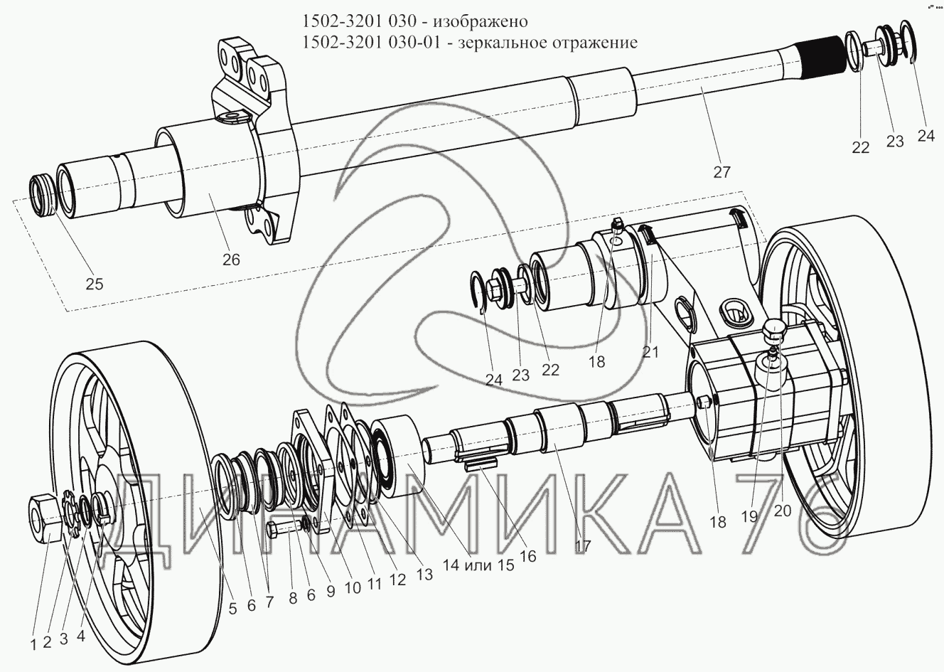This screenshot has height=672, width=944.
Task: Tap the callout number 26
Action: pyautogui.click(x=232, y=260)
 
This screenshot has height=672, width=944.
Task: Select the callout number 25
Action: pyautogui.click(x=94, y=284)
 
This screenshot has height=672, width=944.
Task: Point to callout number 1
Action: pyautogui.click(x=32, y=645)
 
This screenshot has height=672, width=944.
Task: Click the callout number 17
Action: pyautogui.click(x=583, y=546)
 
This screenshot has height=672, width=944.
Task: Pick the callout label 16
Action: pyautogui.click(x=527, y=556)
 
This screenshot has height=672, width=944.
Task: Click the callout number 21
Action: pyautogui.click(x=651, y=351)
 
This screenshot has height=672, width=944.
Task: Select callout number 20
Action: pyautogui.click(x=783, y=511)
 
